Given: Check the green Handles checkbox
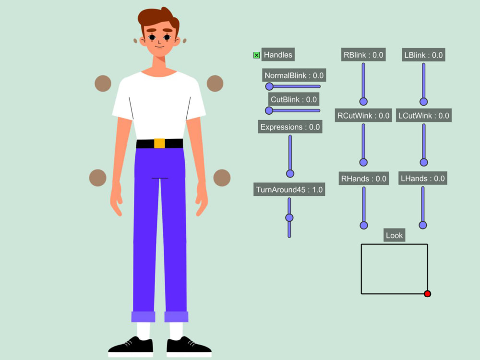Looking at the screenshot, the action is coord(256,55).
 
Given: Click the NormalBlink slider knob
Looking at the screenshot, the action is coord(269,86).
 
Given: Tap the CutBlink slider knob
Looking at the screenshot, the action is coord(269,110).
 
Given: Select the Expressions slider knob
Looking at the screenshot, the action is coord(290,174).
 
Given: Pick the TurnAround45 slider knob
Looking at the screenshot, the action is coord(289,217).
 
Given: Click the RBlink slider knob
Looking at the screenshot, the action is coord(363,101).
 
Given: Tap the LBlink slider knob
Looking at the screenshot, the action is coord(424,101).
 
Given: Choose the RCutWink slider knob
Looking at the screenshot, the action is coord(363,162).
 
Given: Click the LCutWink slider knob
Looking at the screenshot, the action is coord(424,162).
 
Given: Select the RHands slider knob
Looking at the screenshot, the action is coord(364,225).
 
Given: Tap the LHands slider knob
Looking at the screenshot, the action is coord(423,225).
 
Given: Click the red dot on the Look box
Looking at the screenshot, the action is coord(427,294).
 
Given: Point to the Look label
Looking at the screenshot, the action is coord(394,235).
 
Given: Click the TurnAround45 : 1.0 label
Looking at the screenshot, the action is coord(289,190).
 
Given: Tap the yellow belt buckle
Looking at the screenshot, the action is coord(159,143).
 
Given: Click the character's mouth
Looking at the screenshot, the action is coord(159,47).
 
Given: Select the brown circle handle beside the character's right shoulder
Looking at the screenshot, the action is coord(103,83).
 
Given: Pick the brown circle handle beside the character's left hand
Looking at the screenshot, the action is coord(222,178).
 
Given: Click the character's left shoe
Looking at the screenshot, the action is coord(189,347).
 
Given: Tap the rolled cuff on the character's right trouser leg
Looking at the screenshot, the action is coord(143,316).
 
